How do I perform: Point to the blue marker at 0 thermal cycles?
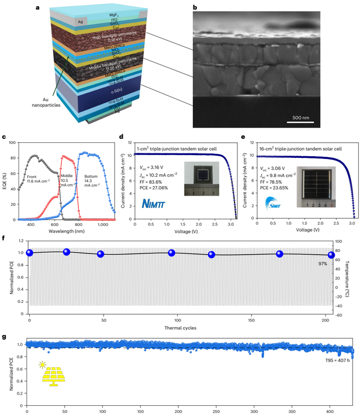[x=30, y=253]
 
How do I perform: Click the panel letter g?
[x=5, y=338]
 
